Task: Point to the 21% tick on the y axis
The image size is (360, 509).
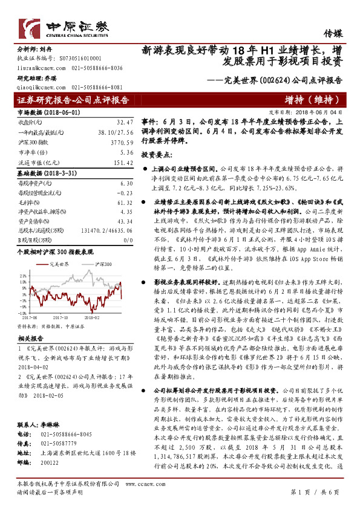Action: click(22, 276)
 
